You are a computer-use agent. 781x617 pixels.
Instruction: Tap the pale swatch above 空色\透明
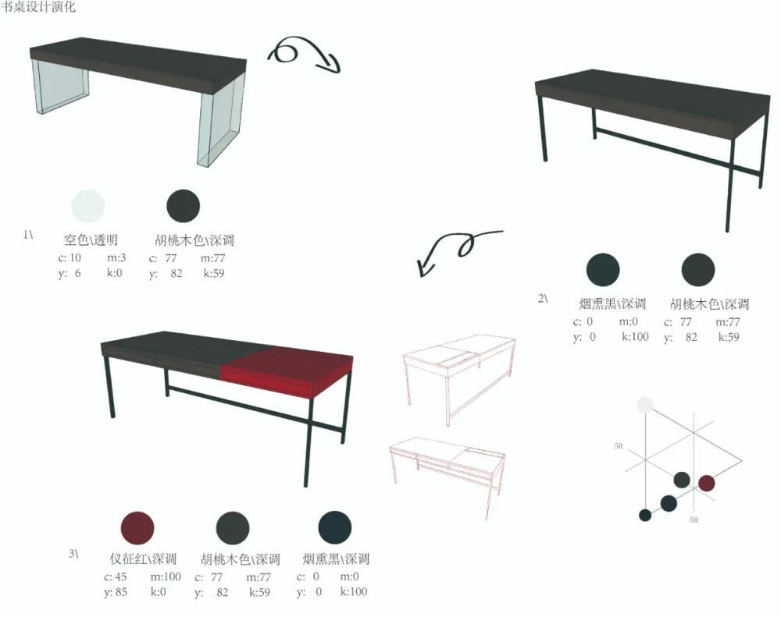click(88, 205)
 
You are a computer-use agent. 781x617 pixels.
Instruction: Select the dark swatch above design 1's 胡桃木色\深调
click(184, 205)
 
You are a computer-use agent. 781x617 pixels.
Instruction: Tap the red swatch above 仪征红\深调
click(137, 527)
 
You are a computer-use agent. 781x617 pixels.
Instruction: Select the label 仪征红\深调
click(144, 558)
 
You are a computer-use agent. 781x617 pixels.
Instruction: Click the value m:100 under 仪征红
click(166, 576)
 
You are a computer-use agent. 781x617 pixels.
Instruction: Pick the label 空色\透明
click(91, 239)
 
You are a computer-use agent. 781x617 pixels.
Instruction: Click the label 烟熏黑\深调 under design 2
click(612, 303)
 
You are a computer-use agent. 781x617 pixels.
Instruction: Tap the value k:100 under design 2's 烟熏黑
click(635, 337)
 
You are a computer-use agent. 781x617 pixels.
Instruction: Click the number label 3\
click(73, 553)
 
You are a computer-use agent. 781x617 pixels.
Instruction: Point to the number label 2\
click(543, 299)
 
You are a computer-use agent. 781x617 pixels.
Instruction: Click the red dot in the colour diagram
click(706, 483)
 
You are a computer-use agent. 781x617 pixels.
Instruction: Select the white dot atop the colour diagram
click(646, 405)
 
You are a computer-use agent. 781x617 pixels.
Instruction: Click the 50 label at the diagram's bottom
click(694, 519)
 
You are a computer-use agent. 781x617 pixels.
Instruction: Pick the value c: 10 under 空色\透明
click(70, 257)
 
